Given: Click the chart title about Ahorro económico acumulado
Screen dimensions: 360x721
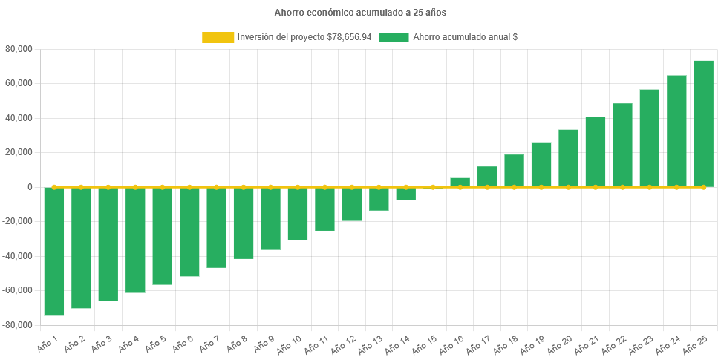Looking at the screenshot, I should click(x=360, y=13).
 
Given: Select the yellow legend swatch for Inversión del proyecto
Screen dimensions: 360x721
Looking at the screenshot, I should click(x=218, y=37).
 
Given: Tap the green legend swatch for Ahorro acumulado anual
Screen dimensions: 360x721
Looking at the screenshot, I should click(x=394, y=37).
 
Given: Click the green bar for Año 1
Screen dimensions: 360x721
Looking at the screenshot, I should click(x=54, y=252).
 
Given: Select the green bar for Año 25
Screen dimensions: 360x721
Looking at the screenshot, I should click(x=703, y=123).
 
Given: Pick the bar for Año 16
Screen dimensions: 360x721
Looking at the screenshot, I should click(x=460, y=182).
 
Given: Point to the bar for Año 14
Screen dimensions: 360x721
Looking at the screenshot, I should click(x=405, y=194).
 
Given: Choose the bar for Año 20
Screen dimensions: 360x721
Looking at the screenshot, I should click(x=568, y=158).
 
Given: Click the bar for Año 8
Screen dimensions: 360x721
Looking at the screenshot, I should click(x=244, y=223).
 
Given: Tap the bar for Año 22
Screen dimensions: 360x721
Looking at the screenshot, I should click(x=622, y=145).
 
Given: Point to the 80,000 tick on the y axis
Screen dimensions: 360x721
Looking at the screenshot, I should click(x=19, y=49).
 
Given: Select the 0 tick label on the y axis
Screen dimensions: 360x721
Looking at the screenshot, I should click(x=30, y=187).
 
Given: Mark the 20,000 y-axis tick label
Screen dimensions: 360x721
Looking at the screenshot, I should click(x=19, y=152).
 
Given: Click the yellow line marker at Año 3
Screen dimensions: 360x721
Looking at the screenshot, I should click(x=108, y=187).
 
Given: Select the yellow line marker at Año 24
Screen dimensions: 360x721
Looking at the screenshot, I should click(x=676, y=187).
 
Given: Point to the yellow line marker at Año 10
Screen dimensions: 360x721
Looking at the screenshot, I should click(x=298, y=187).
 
